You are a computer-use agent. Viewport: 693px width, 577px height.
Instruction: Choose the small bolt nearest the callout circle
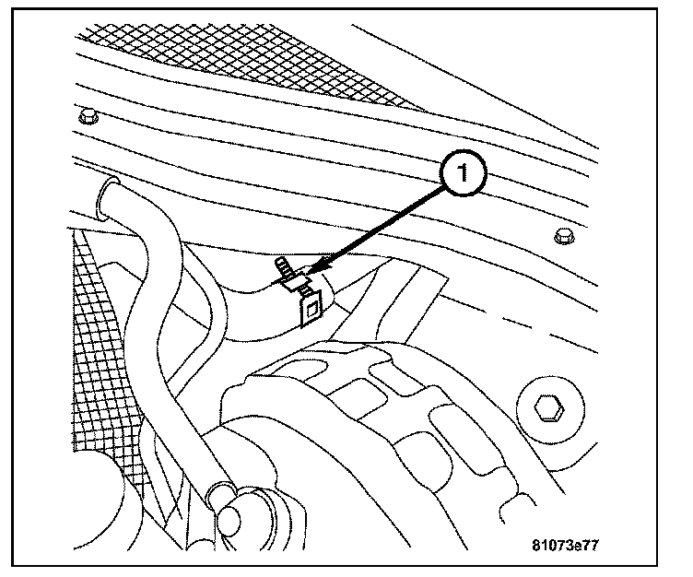pos(563,238)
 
